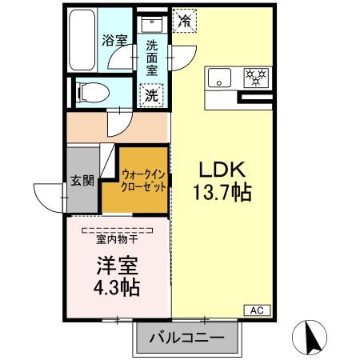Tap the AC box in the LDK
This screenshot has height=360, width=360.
click(x=257, y=310)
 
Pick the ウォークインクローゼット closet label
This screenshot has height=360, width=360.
click(x=144, y=180)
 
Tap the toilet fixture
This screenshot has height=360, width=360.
click(x=89, y=94)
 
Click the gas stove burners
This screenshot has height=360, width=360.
click(x=254, y=78)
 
